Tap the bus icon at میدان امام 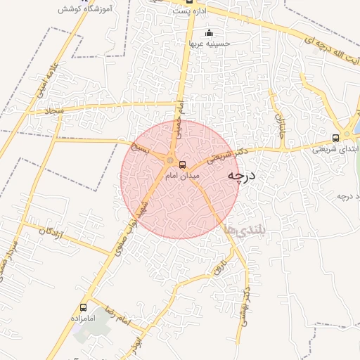(183, 165)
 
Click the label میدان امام (182, 176)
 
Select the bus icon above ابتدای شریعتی (335, 138)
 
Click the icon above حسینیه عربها (209, 32)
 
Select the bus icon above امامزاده (84, 307)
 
